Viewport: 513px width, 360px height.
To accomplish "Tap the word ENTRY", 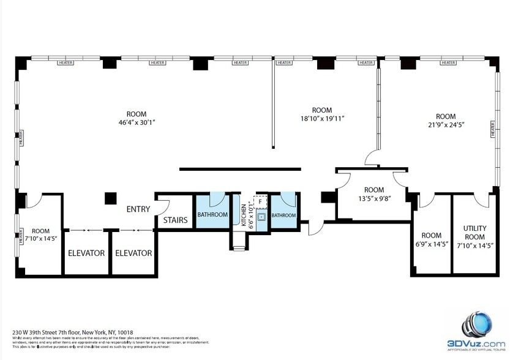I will coord(138,209).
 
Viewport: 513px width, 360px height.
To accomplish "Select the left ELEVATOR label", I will coord(86,253).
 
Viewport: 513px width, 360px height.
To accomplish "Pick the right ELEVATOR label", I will coord(133,253).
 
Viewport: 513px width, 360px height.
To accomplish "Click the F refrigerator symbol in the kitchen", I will coord(260,201).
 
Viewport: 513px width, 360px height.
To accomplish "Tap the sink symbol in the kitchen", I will coord(261,217).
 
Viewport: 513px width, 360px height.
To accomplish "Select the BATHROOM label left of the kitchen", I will coord(212,215).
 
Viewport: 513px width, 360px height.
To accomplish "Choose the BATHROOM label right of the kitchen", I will coord(283,216).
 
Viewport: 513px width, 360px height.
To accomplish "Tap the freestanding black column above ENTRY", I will coord(110,198).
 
